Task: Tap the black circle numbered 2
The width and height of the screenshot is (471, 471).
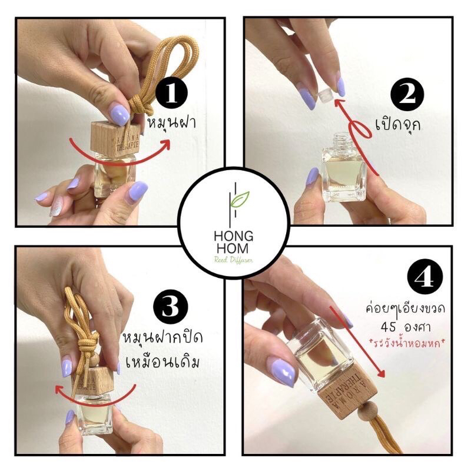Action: [407, 95]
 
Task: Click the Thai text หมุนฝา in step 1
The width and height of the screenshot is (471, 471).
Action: [171, 124]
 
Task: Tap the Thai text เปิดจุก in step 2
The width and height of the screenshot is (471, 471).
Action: [398, 125]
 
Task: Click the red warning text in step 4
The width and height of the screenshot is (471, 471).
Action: [409, 343]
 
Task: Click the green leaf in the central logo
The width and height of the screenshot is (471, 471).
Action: [240, 199]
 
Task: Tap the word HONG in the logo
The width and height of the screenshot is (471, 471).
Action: [233, 237]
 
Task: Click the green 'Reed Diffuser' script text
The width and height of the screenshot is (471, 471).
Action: [233, 260]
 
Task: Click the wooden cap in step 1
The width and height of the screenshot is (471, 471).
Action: [115, 139]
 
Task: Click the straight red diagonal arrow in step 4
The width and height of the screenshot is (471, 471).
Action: [357, 341]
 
